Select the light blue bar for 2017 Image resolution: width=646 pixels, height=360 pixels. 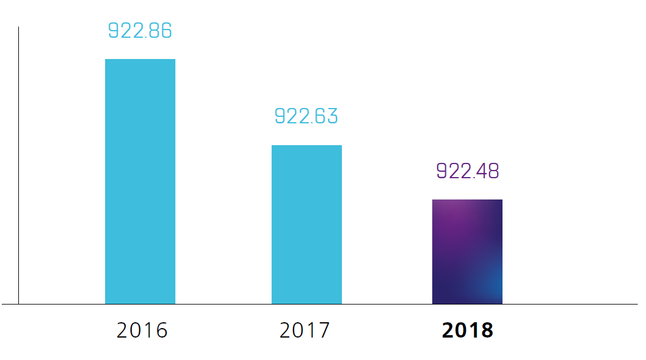pyautogui.click(x=306, y=224)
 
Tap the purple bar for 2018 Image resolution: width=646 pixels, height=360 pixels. pyautogui.click(x=467, y=252)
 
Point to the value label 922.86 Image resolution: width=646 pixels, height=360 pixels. pyautogui.click(x=140, y=31)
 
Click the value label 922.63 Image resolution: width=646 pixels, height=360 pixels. pyautogui.click(x=306, y=116)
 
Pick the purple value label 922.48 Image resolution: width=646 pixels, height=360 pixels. pyautogui.click(x=467, y=171)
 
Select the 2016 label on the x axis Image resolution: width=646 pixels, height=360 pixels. pyautogui.click(x=142, y=330)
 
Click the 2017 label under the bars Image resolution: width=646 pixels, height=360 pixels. pyautogui.click(x=305, y=330)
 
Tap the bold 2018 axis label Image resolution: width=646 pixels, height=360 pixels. pyautogui.click(x=467, y=330)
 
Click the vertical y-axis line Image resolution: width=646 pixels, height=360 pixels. pyautogui.click(x=18, y=165)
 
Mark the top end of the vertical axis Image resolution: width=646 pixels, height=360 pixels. pyautogui.click(x=18, y=28)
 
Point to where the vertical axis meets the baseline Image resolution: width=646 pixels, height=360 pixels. pyautogui.click(x=18, y=304)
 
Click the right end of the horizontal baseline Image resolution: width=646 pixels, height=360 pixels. pyautogui.click(x=637, y=304)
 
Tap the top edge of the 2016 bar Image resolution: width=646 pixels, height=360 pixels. pyautogui.click(x=140, y=60)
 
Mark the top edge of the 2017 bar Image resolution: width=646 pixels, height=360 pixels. pyautogui.click(x=306, y=146)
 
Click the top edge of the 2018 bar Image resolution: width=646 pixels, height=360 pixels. pyautogui.click(x=467, y=200)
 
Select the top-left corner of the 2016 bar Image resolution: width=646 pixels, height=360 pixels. pyautogui.click(x=106, y=60)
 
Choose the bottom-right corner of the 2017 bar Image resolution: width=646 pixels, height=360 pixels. pyautogui.click(x=341, y=303)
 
